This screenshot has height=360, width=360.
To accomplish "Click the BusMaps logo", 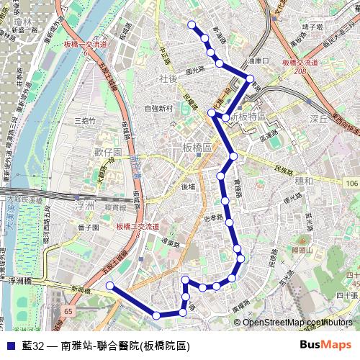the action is tap(325, 346).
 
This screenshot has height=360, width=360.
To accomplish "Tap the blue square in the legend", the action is tap(9, 346).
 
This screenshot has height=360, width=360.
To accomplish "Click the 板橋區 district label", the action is tap(197, 147).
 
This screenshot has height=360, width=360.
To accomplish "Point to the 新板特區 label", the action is tap(248, 117).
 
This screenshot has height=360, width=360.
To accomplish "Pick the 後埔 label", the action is tap(189, 186).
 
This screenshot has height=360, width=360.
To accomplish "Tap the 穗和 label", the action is tap(304, 180).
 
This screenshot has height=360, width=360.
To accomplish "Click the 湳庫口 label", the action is tap(257, 61).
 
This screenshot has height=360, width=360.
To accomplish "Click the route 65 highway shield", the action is tap(68, 311).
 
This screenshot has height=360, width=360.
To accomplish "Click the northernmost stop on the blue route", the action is tap(192, 25).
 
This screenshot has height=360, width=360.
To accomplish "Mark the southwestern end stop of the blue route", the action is tap(109, 286).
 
